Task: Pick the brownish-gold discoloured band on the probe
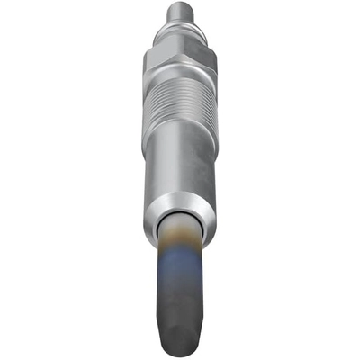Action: coord(180,247)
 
